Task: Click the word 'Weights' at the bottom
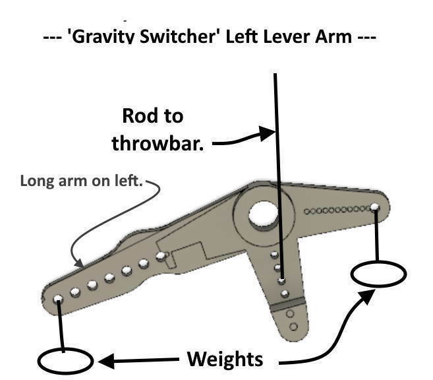pyautogui.click(x=225, y=360)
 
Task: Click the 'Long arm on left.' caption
pyautogui.click(x=82, y=181)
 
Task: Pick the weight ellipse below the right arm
pyautogui.click(x=378, y=273)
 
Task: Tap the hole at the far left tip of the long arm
pyautogui.click(x=58, y=299)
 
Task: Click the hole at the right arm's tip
pyautogui.click(x=374, y=208)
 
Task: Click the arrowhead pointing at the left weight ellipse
pyautogui.click(x=105, y=360)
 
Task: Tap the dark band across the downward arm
pyautogui.click(x=289, y=304)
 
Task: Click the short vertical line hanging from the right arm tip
pyautogui.click(x=376, y=234)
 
